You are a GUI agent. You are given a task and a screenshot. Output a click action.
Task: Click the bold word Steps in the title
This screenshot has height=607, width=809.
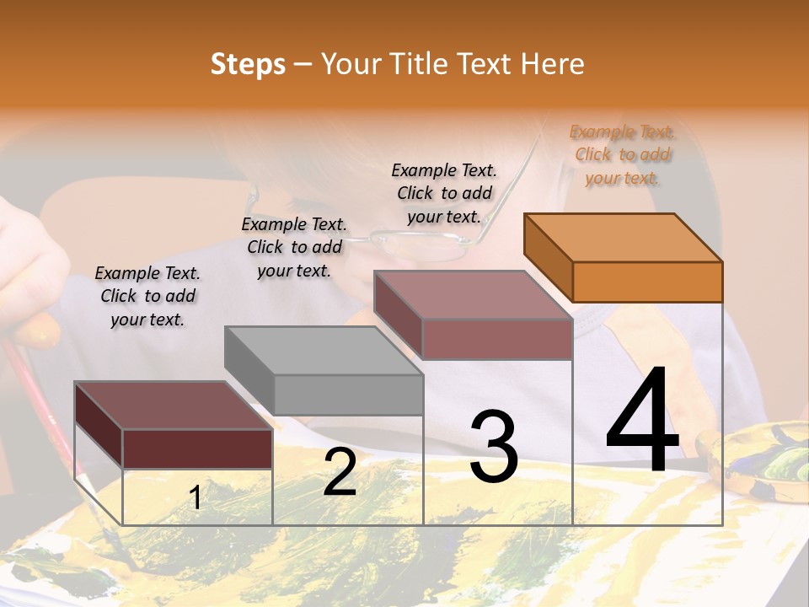click(x=248, y=64)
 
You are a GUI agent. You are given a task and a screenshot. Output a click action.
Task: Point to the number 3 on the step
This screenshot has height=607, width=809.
click(x=493, y=446)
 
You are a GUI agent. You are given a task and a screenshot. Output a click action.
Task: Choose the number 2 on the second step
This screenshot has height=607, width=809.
click(x=340, y=471)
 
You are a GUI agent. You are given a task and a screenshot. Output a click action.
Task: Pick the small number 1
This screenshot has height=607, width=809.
click(x=196, y=497)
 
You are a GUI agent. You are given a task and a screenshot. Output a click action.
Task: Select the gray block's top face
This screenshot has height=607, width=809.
click(x=324, y=350)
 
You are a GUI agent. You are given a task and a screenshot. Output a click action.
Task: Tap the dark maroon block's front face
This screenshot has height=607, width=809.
click(x=197, y=449)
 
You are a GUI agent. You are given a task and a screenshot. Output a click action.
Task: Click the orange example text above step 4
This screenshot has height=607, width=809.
click(x=622, y=155)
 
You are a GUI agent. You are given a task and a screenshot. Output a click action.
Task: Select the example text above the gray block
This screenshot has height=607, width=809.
click(x=294, y=247)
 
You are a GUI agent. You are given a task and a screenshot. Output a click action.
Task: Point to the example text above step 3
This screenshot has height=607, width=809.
click(x=444, y=193)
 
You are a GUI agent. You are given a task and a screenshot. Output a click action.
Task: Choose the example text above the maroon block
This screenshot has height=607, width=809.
click(x=147, y=296)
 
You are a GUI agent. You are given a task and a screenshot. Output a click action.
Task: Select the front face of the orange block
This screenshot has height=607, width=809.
click(x=647, y=282)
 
